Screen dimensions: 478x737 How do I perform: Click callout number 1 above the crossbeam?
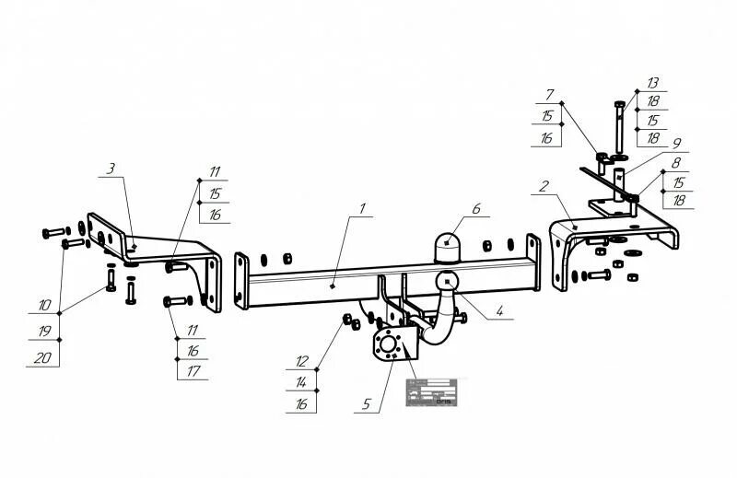[x=362, y=208]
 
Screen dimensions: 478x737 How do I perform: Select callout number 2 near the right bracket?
[x=545, y=186]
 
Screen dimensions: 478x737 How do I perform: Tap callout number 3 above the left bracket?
[x=111, y=169]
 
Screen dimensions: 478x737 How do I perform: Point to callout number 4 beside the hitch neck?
[x=498, y=311]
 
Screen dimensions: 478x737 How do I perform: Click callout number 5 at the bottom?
[x=367, y=402]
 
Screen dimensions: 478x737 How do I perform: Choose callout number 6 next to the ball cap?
[x=476, y=209]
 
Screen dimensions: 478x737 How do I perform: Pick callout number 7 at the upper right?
[x=549, y=94]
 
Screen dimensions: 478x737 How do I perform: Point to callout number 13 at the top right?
[x=652, y=83]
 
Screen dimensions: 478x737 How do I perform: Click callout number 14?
[x=300, y=380]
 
